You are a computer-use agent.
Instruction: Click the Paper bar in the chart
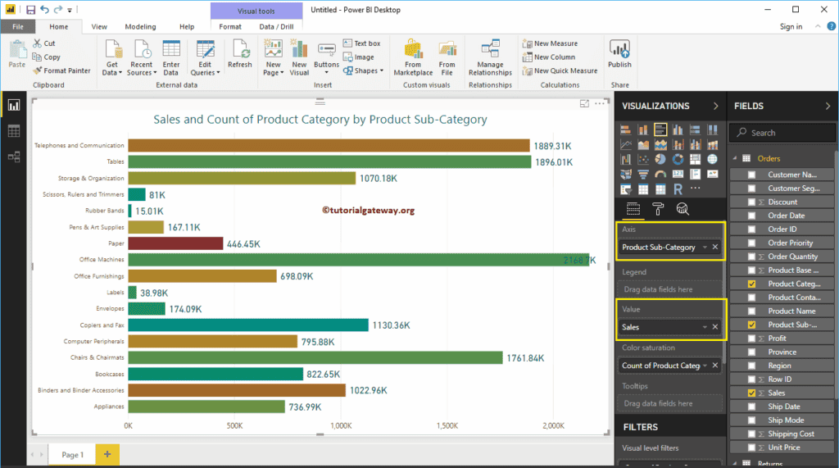tap(175, 243)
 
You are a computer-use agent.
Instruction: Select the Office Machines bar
tap(357, 260)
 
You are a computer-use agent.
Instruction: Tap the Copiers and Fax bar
tap(247, 325)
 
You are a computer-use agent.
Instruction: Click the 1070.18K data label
tap(379, 179)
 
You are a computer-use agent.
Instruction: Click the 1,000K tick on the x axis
tap(341, 426)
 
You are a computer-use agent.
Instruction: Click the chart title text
tap(320, 120)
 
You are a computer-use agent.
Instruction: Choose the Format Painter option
tap(62, 70)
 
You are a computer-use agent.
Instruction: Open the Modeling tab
tap(140, 27)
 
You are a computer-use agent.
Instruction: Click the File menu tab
tap(17, 27)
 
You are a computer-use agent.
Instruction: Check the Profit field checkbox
tap(752, 339)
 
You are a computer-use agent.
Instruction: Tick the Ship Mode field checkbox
tap(752, 420)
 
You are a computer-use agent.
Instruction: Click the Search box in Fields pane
tap(783, 133)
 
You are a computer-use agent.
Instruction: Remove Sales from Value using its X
tap(714, 327)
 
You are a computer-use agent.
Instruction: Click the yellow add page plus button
tap(107, 454)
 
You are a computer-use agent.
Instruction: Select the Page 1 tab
tap(72, 454)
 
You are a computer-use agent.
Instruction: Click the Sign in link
tap(791, 27)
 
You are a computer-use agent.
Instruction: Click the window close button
tap(819, 9)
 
